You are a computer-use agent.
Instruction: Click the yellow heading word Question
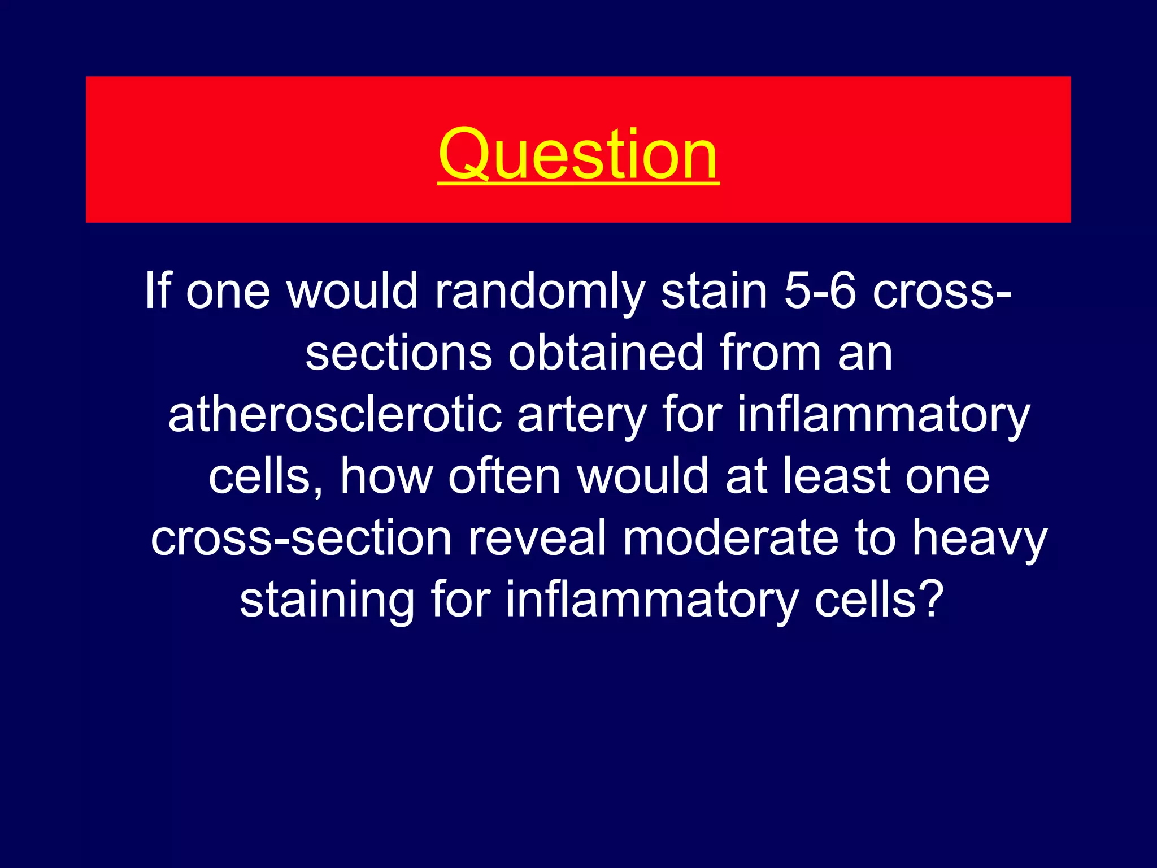[x=578, y=154]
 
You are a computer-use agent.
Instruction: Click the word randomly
[x=539, y=292]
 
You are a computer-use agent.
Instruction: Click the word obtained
[x=605, y=353]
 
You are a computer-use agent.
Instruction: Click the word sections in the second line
[x=398, y=353]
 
